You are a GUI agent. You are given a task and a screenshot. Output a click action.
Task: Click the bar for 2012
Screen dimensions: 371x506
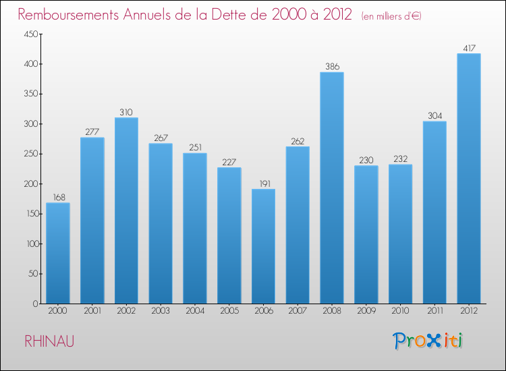pos(469,179)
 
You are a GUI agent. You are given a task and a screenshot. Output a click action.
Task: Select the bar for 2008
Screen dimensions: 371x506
pos(332,188)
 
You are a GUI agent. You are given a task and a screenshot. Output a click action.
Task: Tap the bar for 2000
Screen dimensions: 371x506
pos(58,253)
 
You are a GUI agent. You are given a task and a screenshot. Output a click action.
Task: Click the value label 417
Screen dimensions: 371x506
pos(469,48)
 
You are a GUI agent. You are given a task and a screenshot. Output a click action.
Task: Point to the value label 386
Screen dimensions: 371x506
pos(332,66)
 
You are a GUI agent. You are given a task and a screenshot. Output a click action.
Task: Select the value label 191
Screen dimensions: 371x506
pos(263,183)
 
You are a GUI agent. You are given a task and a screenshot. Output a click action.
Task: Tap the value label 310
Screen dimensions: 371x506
pos(126,112)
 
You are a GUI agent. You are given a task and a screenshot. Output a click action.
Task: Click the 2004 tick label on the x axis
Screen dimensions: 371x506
pos(195,312)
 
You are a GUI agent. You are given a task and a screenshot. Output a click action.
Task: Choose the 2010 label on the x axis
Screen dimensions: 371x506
pos(400,312)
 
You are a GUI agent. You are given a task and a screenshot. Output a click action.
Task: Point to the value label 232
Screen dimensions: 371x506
pos(400,158)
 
